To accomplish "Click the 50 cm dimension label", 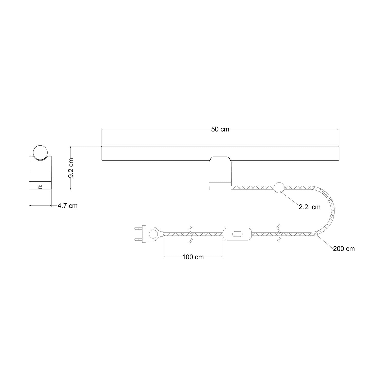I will click(x=220, y=129).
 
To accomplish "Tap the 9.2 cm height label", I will click(x=71, y=168).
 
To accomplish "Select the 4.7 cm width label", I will click(x=67, y=206).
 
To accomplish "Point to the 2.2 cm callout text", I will click(x=310, y=207).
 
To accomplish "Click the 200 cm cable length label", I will click(x=344, y=249).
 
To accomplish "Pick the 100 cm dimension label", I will click(x=193, y=257).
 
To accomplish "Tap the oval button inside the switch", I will click(x=237, y=234).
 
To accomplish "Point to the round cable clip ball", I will click(x=279, y=187).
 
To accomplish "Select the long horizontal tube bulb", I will click(x=220, y=154).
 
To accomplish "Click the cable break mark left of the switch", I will click(x=190, y=234).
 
